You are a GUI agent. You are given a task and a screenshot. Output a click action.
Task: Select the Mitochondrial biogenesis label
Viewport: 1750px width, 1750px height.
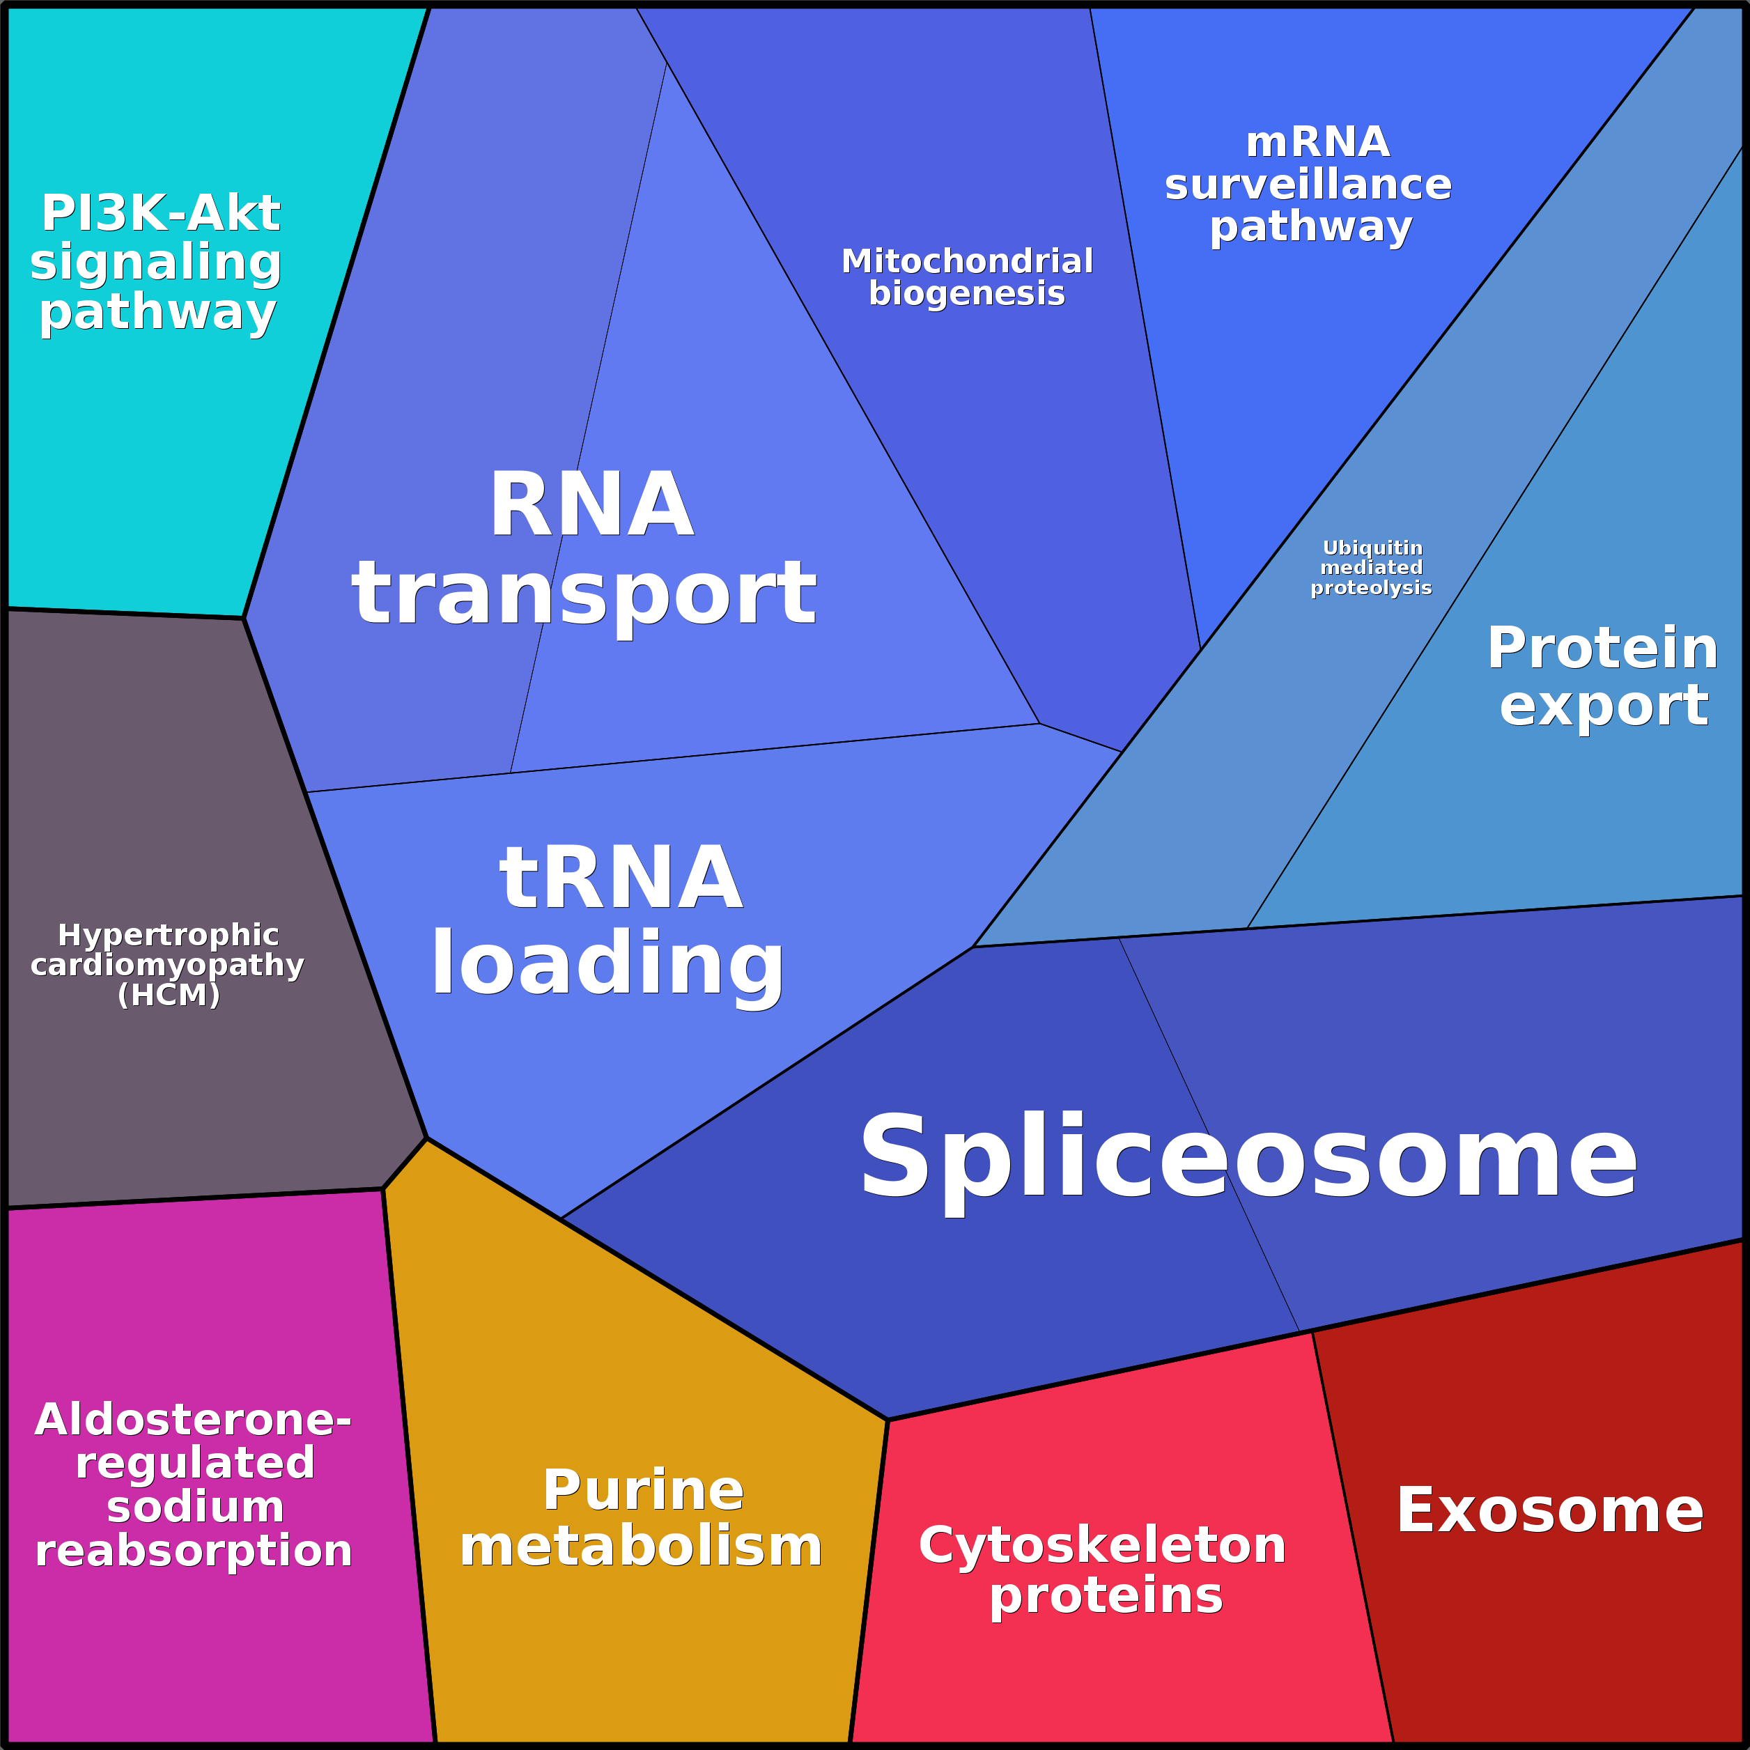pos(966,277)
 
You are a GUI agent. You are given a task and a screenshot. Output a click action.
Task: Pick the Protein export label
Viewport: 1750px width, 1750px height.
pos(1602,676)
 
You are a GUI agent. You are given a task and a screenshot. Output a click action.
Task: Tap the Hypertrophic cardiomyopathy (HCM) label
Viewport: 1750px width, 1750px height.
pos(168,965)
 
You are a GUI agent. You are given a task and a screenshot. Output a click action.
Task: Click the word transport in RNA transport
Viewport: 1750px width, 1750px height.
pos(584,594)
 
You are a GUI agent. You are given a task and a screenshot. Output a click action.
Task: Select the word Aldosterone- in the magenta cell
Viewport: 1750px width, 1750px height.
pos(193,1419)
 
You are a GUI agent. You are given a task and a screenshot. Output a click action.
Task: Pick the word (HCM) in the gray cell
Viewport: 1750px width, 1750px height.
pos(169,995)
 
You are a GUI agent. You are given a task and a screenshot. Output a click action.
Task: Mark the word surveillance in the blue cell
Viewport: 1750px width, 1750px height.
pos(1308,185)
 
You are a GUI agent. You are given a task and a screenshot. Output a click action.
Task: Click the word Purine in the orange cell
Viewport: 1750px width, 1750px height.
pos(643,1491)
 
